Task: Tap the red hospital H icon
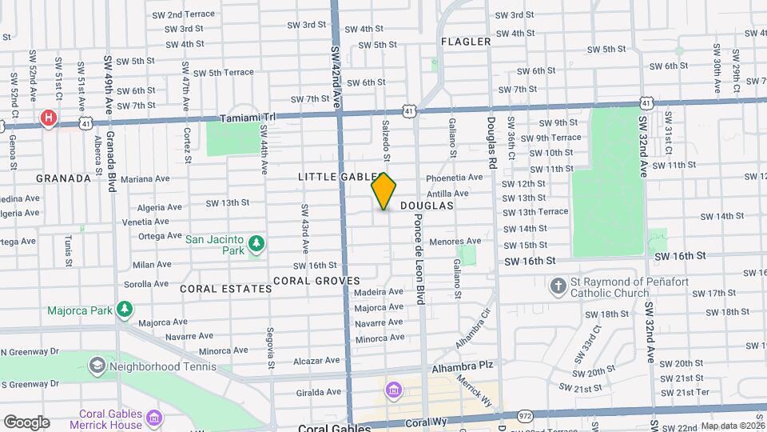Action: pyautogui.click(x=49, y=119)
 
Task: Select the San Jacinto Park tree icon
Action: pyautogui.click(x=256, y=242)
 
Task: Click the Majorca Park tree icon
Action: pyautogui.click(x=124, y=309)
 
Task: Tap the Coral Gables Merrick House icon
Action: pyautogui.click(x=155, y=418)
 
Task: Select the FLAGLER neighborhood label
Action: pyautogui.click(x=465, y=42)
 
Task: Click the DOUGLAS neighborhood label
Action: pyautogui.click(x=427, y=206)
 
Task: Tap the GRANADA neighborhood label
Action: pyautogui.click(x=63, y=178)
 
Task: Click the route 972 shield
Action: pyautogui.click(x=525, y=416)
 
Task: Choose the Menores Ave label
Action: pyautogui.click(x=455, y=241)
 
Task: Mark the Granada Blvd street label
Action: pyautogui.click(x=112, y=161)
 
